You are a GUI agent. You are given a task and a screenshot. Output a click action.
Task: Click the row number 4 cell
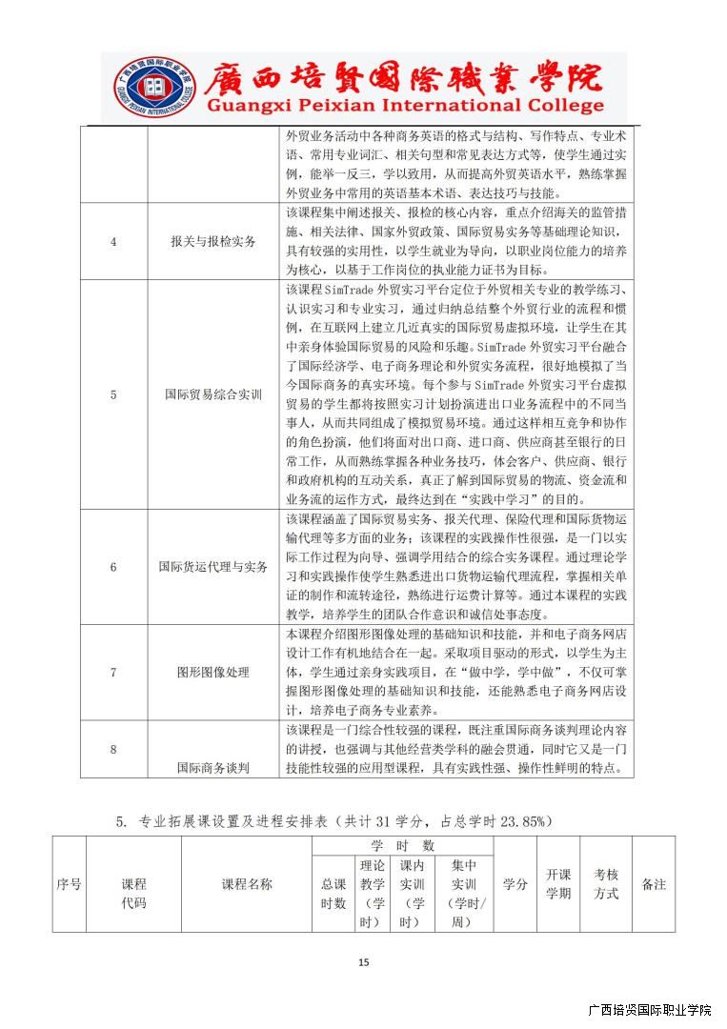click(113, 241)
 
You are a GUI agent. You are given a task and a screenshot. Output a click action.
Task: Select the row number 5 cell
click(113, 393)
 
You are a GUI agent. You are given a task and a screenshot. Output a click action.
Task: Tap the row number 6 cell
click(113, 567)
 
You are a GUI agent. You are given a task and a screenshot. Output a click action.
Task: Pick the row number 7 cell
click(113, 672)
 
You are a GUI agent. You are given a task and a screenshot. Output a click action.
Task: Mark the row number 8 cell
click(113, 749)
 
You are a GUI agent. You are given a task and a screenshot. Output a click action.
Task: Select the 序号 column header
click(69, 884)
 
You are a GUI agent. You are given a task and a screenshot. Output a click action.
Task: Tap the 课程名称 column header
click(247, 884)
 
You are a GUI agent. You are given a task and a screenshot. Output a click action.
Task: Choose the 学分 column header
click(515, 884)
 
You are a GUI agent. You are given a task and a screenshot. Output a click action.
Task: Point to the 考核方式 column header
click(606, 884)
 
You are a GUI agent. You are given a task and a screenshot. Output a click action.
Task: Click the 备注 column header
click(654, 884)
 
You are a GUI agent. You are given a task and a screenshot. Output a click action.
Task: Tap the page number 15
click(363, 962)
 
